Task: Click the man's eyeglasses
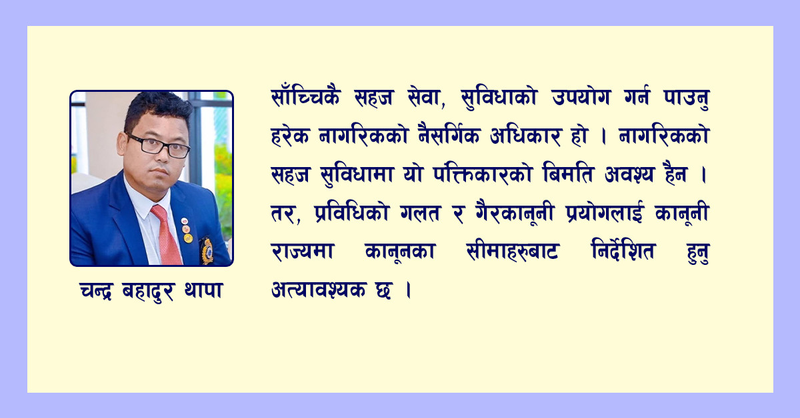tap(158, 146)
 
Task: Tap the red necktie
tap(167, 235)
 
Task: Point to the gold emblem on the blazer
tap(207, 250)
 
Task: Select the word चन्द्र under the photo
tap(97, 291)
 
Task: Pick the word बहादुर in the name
tap(148, 292)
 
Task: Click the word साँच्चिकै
tap(306, 97)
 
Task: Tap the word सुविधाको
tap(499, 98)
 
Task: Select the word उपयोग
tap(581, 97)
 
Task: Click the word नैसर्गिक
tap(449, 135)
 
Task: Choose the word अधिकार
tap(525, 136)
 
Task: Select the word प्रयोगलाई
tap(604, 213)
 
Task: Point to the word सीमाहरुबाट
tap(512, 251)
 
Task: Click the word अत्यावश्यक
tap(319, 290)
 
